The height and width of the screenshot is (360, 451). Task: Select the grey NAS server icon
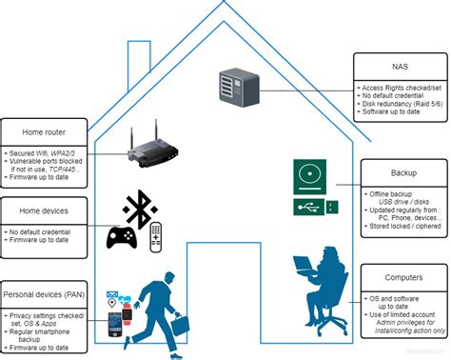pyautogui.click(x=236, y=86)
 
